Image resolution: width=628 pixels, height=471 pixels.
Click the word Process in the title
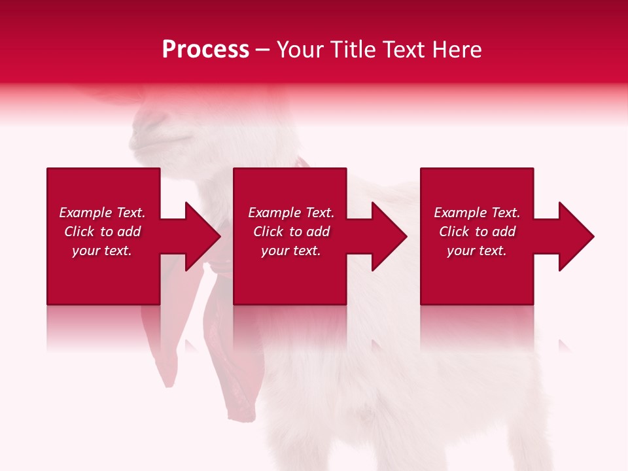(205, 50)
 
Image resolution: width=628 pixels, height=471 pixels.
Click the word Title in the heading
(352, 50)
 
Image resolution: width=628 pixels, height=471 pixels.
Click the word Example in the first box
(86, 213)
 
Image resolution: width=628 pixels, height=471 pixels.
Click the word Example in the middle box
(275, 213)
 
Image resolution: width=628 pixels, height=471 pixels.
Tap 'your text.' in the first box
(102, 251)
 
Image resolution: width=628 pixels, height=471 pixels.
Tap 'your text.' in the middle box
(290, 251)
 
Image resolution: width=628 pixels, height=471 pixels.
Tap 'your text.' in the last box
(477, 251)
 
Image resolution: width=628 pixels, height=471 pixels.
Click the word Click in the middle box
(268, 232)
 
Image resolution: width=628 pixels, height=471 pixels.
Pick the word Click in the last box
(453, 232)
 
